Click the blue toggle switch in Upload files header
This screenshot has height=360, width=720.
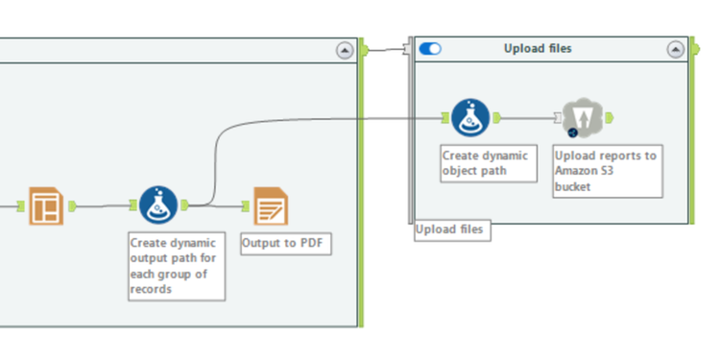pyautogui.click(x=430, y=49)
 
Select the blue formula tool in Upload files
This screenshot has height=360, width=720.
pyautogui.click(x=470, y=118)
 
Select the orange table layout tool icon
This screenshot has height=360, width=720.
pyautogui.click(x=45, y=205)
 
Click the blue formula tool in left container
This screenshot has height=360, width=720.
pyautogui.click(x=157, y=204)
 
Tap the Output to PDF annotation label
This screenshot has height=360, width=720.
pyautogui.click(x=285, y=243)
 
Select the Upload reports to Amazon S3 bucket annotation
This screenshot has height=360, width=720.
pyautogui.click(x=607, y=171)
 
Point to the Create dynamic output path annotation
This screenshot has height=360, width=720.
pyautogui.click(x=177, y=266)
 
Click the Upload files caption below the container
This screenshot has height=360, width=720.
pyautogui.click(x=451, y=230)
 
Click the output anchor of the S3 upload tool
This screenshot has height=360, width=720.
pyautogui.click(x=609, y=118)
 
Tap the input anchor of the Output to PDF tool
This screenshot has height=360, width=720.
pyautogui.click(x=246, y=204)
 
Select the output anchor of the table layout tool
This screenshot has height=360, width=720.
pyautogui.click(x=73, y=204)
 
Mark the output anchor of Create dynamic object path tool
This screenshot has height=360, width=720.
pyautogui.click(x=496, y=118)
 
